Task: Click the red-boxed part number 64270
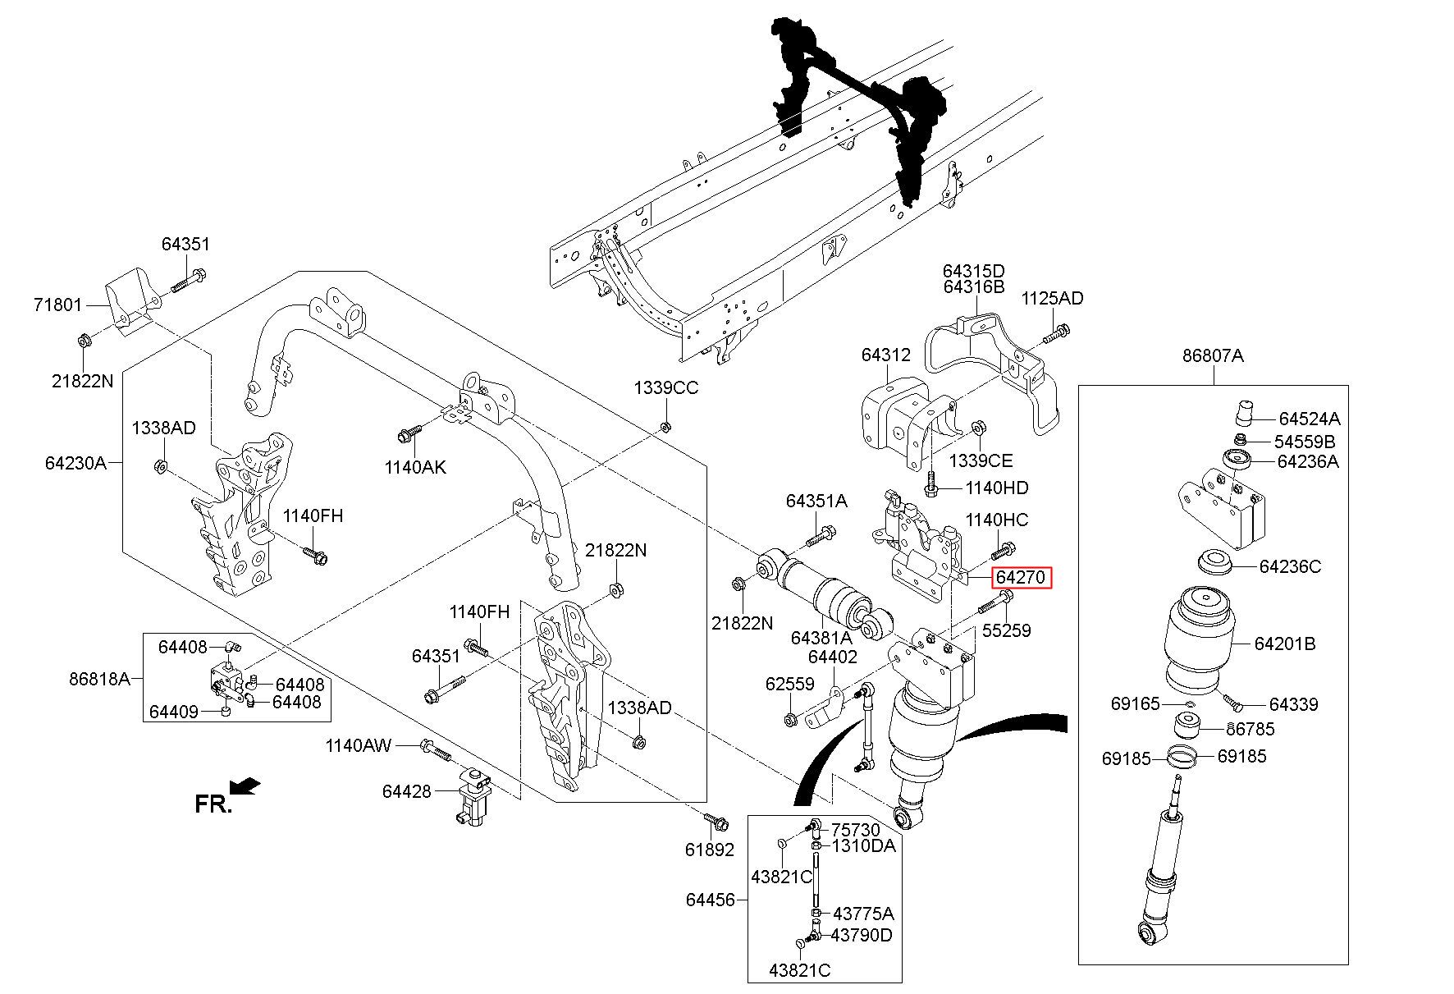1021,577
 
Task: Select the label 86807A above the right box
1213,355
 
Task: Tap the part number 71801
57,305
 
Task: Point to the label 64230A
75,463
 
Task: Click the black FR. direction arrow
245,786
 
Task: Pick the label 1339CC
665,387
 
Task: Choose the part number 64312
885,355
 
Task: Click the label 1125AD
1052,298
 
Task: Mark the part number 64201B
1284,644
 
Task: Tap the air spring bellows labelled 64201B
1208,640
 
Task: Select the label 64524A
1309,418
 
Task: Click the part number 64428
406,791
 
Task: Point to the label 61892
710,850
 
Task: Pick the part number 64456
710,900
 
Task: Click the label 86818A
99,679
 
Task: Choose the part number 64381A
821,637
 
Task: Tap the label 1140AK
415,467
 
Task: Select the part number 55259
1006,630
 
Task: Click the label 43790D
862,935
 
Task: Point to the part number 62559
789,683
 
